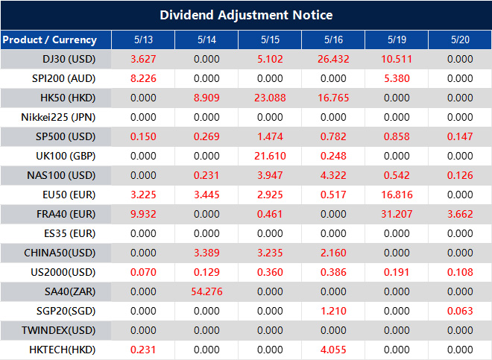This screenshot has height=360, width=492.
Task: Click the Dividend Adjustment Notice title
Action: (246, 15)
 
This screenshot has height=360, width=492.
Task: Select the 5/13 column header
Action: (142, 40)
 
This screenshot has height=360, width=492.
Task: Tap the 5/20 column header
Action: (459, 40)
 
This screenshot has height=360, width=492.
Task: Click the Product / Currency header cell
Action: (49, 40)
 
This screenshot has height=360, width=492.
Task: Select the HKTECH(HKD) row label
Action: (62, 349)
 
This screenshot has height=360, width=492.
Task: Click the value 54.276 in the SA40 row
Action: (206, 291)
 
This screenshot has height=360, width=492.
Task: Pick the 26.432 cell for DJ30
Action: (332, 59)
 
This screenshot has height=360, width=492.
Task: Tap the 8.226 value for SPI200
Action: (142, 78)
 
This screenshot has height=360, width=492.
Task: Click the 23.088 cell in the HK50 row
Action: (269, 98)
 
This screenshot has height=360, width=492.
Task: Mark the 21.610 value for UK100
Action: (269, 156)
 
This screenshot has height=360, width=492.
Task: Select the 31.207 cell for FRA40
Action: (396, 214)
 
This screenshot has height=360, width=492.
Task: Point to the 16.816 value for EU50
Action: (396, 195)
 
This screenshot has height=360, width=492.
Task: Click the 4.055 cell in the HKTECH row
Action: (332, 349)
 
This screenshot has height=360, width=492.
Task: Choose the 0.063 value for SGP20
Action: (459, 311)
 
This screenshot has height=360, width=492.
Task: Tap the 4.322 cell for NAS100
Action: (332, 175)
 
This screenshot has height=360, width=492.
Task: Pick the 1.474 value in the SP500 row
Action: (269, 136)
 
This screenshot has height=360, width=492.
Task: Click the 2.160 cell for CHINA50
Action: (332, 253)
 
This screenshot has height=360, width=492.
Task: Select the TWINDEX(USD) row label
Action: (61, 330)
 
